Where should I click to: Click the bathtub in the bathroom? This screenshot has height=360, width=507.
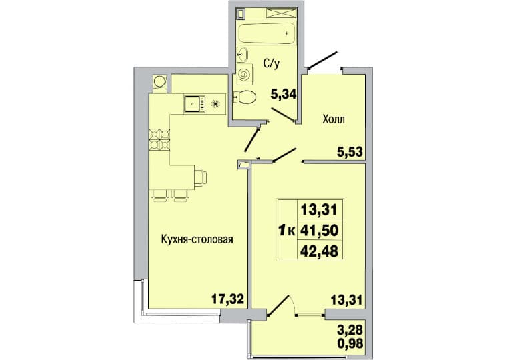tap(266, 33)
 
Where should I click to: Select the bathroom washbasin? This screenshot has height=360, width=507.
tap(242, 55)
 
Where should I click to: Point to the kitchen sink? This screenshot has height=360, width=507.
tap(195, 104)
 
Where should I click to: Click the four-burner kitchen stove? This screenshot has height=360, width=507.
tap(159, 139)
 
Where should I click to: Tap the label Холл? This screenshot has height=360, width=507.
tap(334, 119)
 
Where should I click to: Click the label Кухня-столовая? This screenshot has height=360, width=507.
tap(197, 239)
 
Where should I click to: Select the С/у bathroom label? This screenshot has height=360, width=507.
tap(271, 64)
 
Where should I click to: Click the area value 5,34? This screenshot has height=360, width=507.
tap(284, 95)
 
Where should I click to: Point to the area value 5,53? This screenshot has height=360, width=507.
tap(350, 151)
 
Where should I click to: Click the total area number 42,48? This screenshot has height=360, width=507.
tap(320, 251)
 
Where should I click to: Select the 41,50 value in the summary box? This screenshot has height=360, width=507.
tap(320, 231)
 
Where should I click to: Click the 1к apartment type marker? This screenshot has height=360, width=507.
tap(286, 231)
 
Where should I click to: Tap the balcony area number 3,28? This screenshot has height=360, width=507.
tap(350, 330)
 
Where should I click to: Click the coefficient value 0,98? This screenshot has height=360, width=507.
tap(350, 343)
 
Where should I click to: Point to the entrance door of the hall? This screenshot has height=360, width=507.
tap(323, 61)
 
